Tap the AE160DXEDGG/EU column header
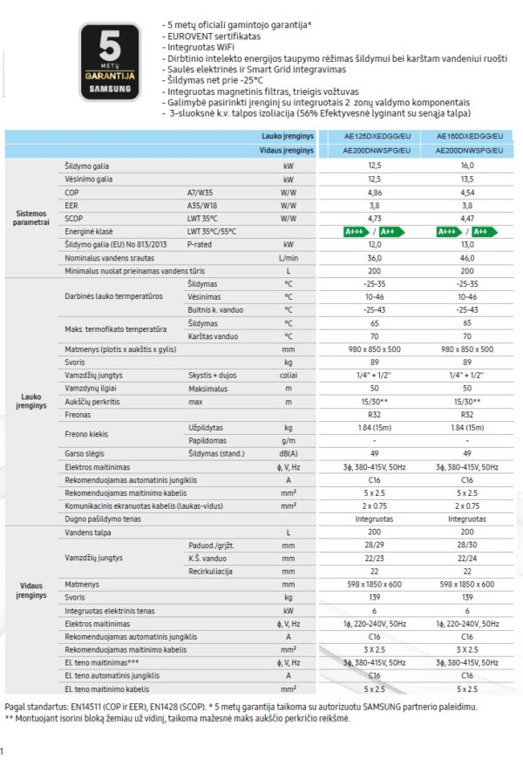(x=466, y=138)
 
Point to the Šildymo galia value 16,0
(x=466, y=165)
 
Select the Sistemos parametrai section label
(x=32, y=218)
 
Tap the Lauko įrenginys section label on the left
(x=32, y=401)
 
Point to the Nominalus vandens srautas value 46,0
(x=466, y=258)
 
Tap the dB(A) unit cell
(x=288, y=453)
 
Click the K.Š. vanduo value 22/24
(x=466, y=558)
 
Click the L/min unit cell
(x=288, y=258)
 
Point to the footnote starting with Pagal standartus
(x=241, y=707)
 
